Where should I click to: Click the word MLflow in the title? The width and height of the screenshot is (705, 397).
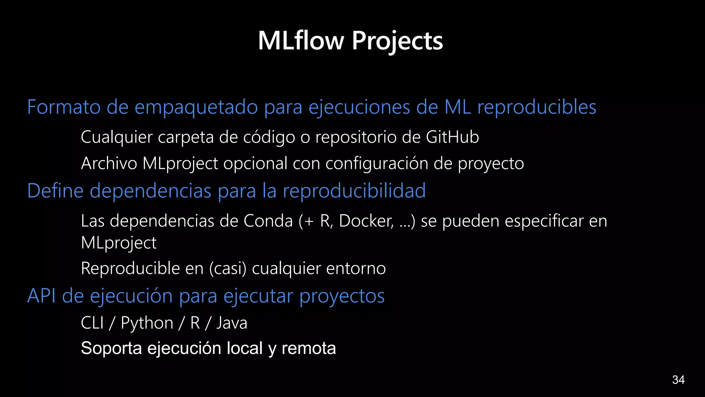(301, 41)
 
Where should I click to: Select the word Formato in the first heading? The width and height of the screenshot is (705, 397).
(64, 107)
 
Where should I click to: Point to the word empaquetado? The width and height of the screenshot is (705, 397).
(196, 108)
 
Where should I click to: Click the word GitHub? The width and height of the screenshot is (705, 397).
(452, 137)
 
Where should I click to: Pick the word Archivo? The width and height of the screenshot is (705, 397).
(109, 163)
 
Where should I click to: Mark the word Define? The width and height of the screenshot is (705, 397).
(55, 191)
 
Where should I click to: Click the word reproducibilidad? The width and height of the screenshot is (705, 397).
(354, 191)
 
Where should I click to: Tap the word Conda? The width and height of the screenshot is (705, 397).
(268, 221)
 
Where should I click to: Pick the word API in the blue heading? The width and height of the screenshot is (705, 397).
(41, 296)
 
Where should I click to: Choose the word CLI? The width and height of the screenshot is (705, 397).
(92, 323)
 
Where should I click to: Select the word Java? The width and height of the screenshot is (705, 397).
(232, 323)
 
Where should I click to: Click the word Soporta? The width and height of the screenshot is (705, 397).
(111, 348)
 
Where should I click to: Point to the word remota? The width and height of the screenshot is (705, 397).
(308, 348)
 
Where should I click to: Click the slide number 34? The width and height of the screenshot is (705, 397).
(678, 380)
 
